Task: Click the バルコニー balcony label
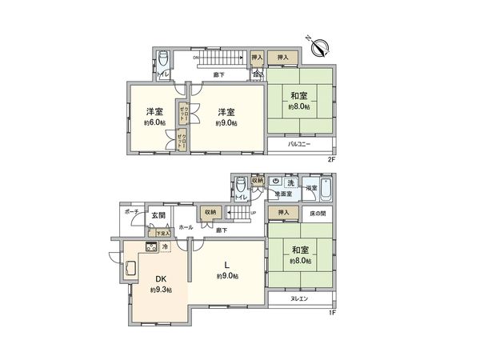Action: (299, 145)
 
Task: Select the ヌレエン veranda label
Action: (299, 298)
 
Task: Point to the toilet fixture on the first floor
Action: (241, 189)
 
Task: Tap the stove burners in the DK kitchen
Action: (152, 247)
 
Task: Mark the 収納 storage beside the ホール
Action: (210, 213)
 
